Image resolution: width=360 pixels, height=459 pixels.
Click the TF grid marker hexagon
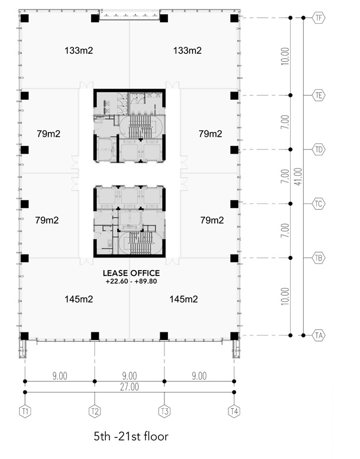pos(318,18)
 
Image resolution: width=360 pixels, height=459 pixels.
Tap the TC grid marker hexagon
pos(318,204)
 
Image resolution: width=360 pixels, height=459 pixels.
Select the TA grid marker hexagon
pos(318,335)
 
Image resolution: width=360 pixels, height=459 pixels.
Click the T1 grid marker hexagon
pos(25,411)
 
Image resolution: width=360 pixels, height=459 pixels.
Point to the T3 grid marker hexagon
pos(164,411)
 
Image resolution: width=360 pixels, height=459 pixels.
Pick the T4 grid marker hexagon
pos(234,411)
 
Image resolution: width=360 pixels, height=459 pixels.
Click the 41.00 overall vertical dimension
pos(298,176)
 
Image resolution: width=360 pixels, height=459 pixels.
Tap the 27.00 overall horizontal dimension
pos(130,387)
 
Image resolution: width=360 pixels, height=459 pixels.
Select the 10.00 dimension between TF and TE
pos(285,56)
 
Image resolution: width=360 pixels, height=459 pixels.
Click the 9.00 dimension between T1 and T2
pos(60,376)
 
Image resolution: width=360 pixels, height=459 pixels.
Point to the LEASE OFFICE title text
pos(131,273)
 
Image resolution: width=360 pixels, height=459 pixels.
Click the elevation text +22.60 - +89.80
pos(131,281)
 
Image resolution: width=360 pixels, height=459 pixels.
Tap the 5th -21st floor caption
pos(131,436)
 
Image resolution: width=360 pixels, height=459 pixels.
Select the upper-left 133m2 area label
pos(79,50)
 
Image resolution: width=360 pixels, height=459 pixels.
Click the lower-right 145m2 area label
pos(184,299)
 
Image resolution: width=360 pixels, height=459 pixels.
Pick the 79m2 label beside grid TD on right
pos(210,134)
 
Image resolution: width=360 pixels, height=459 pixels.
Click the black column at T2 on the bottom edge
pos(95,336)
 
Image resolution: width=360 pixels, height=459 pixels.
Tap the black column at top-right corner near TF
pos(234,18)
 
